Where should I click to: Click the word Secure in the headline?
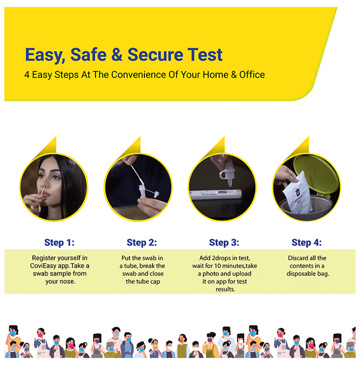[x=155, y=55]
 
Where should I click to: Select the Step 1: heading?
[x=59, y=242]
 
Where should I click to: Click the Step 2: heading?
[x=142, y=242]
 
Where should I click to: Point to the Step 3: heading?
[x=224, y=242]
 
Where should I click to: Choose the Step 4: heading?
[x=307, y=242]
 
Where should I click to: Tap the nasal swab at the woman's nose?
[x=43, y=191]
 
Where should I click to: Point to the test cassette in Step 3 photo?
[x=215, y=194]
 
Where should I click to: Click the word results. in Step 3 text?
[x=225, y=289]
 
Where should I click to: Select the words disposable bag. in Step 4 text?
[x=308, y=274]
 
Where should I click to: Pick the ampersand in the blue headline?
[x=117, y=55]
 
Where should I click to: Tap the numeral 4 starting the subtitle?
[x=27, y=75]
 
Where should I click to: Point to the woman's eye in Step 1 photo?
[x=55, y=177]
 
